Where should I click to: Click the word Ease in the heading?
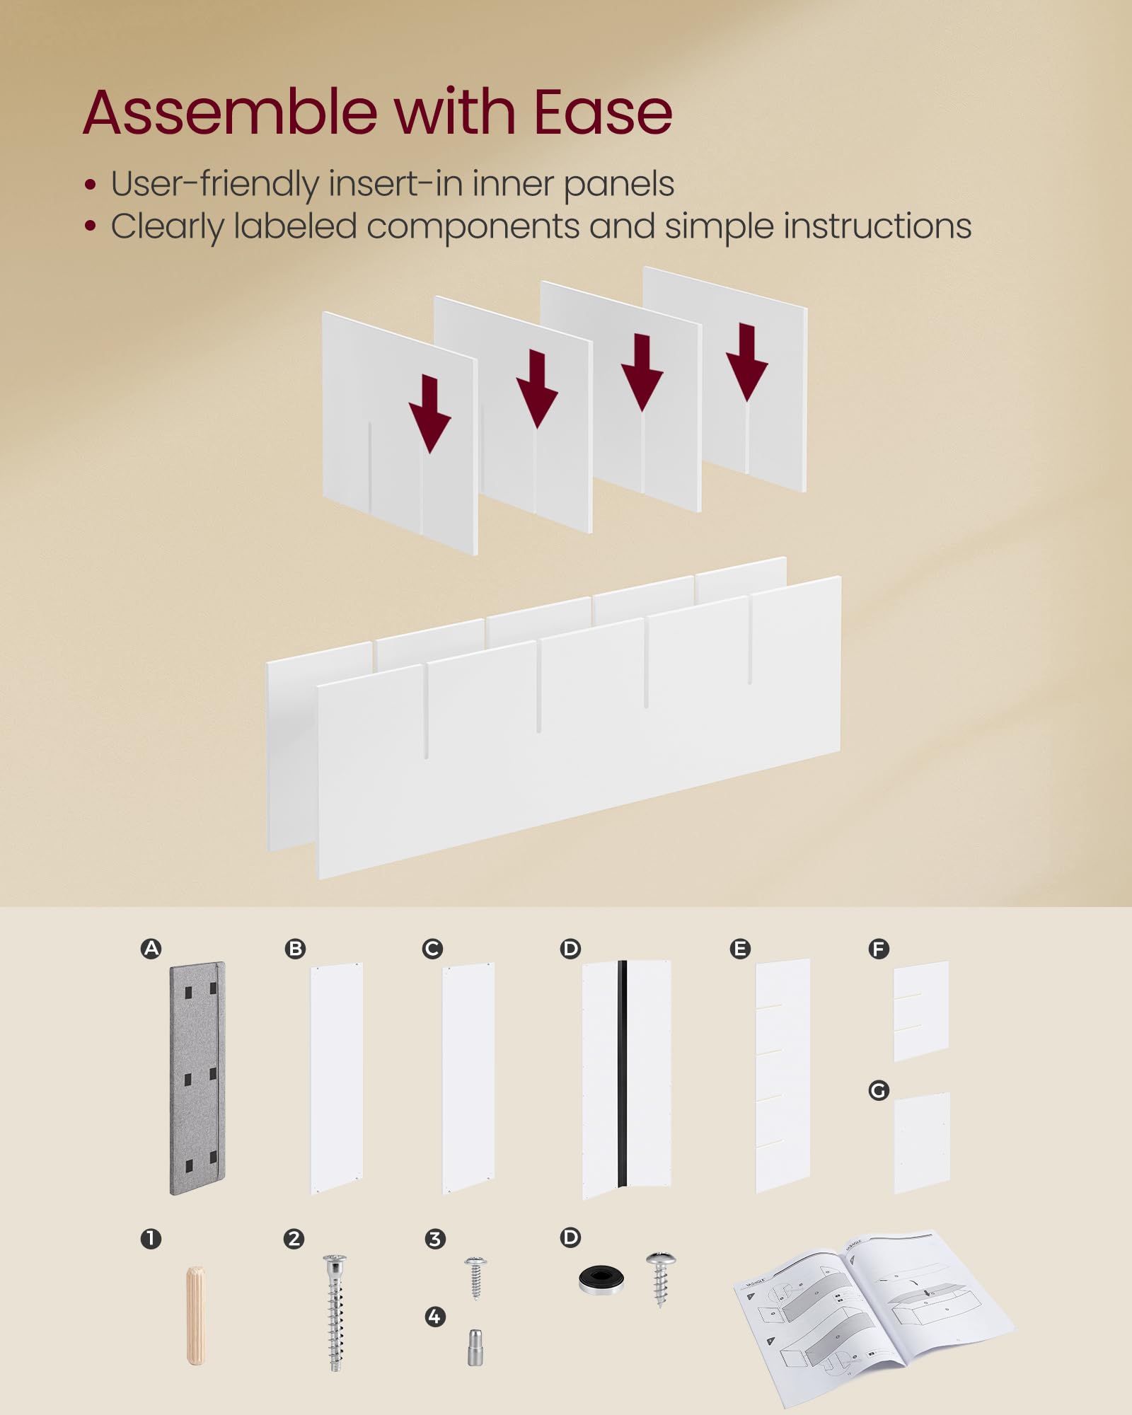point(602,112)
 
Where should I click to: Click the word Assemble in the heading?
point(230,112)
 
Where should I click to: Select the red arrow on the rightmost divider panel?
point(746,362)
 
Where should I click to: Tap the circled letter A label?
point(151,949)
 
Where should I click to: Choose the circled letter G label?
point(879,1090)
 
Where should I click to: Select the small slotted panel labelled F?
point(920,1010)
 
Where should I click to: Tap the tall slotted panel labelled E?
point(782,1075)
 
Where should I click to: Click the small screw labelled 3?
point(475,1277)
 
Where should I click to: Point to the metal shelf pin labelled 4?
point(475,1347)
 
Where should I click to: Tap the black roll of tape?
point(601,1280)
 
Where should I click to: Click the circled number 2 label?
point(294,1239)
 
